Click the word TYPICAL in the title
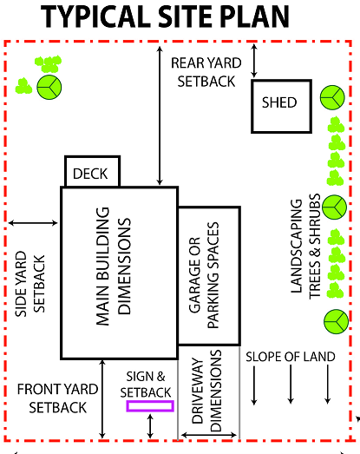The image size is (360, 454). (x=98, y=16)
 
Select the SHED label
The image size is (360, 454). (x=279, y=103)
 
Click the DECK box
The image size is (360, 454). (x=91, y=173)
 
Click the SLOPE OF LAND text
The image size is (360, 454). (x=290, y=356)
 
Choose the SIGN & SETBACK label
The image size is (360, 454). (x=146, y=384)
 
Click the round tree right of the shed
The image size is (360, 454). (x=331, y=96)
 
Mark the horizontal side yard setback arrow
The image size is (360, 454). (x=34, y=224)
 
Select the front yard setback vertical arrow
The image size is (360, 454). (x=102, y=398)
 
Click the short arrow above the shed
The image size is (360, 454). (x=253, y=60)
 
